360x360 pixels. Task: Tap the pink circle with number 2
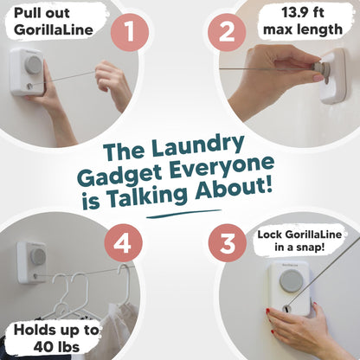pos(228,33)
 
